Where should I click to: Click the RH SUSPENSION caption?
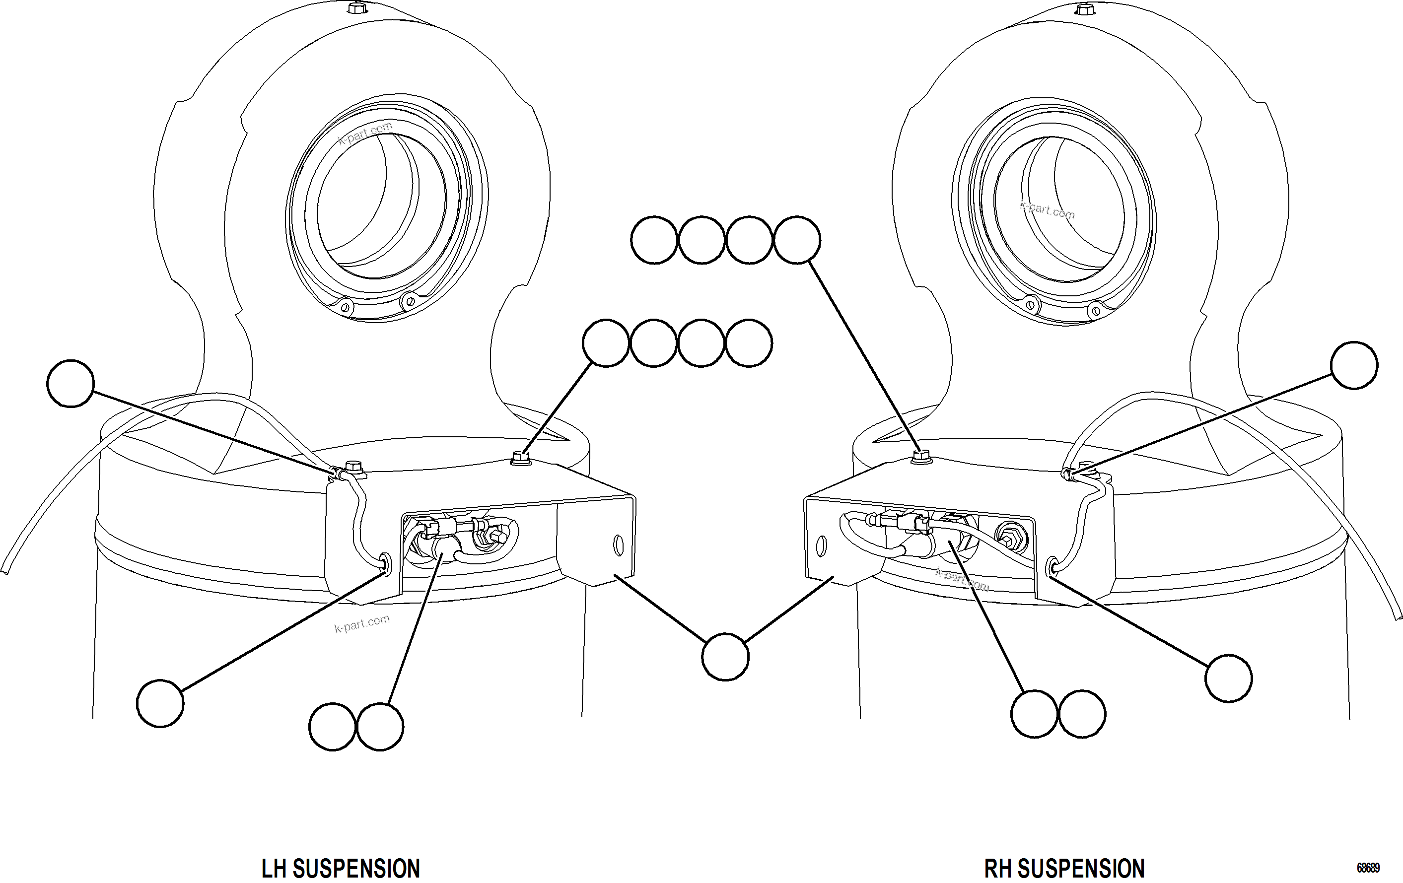(x=1064, y=869)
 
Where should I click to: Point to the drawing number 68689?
(x=1368, y=868)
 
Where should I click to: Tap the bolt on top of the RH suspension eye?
(x=1084, y=9)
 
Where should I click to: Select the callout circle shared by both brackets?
(x=725, y=657)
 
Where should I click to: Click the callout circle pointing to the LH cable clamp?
(x=70, y=383)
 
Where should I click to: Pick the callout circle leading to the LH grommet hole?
(x=160, y=704)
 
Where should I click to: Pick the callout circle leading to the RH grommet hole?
(x=1228, y=678)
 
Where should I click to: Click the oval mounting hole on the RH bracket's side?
(x=822, y=546)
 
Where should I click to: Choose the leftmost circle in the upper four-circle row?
(x=654, y=240)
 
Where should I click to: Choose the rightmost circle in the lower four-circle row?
(x=749, y=343)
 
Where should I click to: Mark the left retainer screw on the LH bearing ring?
(x=345, y=307)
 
